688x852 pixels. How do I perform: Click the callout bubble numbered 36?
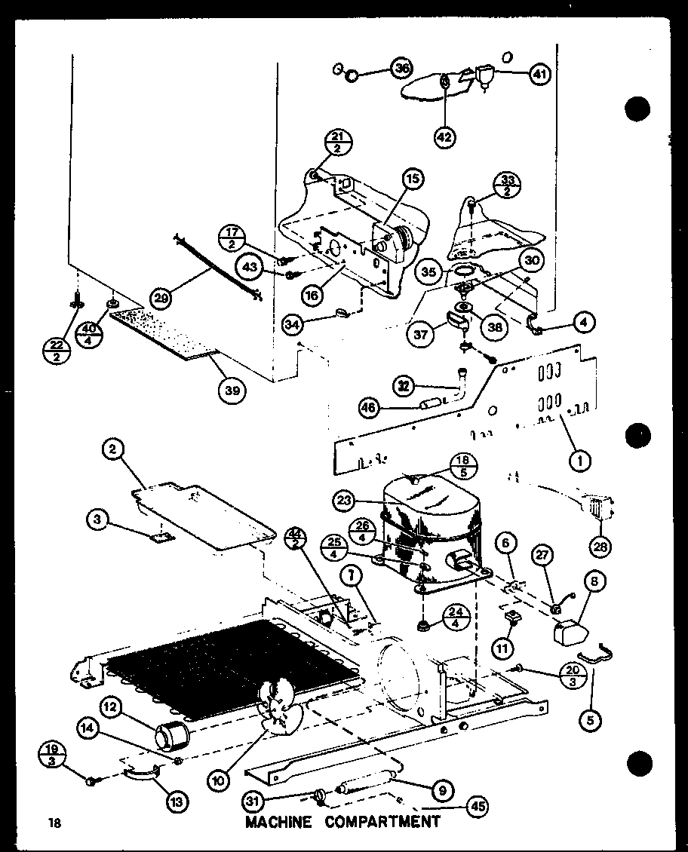[x=402, y=69]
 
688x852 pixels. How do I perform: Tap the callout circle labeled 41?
[x=539, y=75]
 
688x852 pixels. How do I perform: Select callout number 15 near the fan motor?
[x=413, y=179]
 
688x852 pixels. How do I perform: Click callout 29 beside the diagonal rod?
[x=161, y=298]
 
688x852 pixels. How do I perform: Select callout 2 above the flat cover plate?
[x=112, y=451]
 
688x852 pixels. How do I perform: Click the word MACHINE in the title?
[x=278, y=821]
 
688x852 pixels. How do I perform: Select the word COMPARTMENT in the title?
[x=382, y=821]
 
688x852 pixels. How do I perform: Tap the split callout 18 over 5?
[x=461, y=468]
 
